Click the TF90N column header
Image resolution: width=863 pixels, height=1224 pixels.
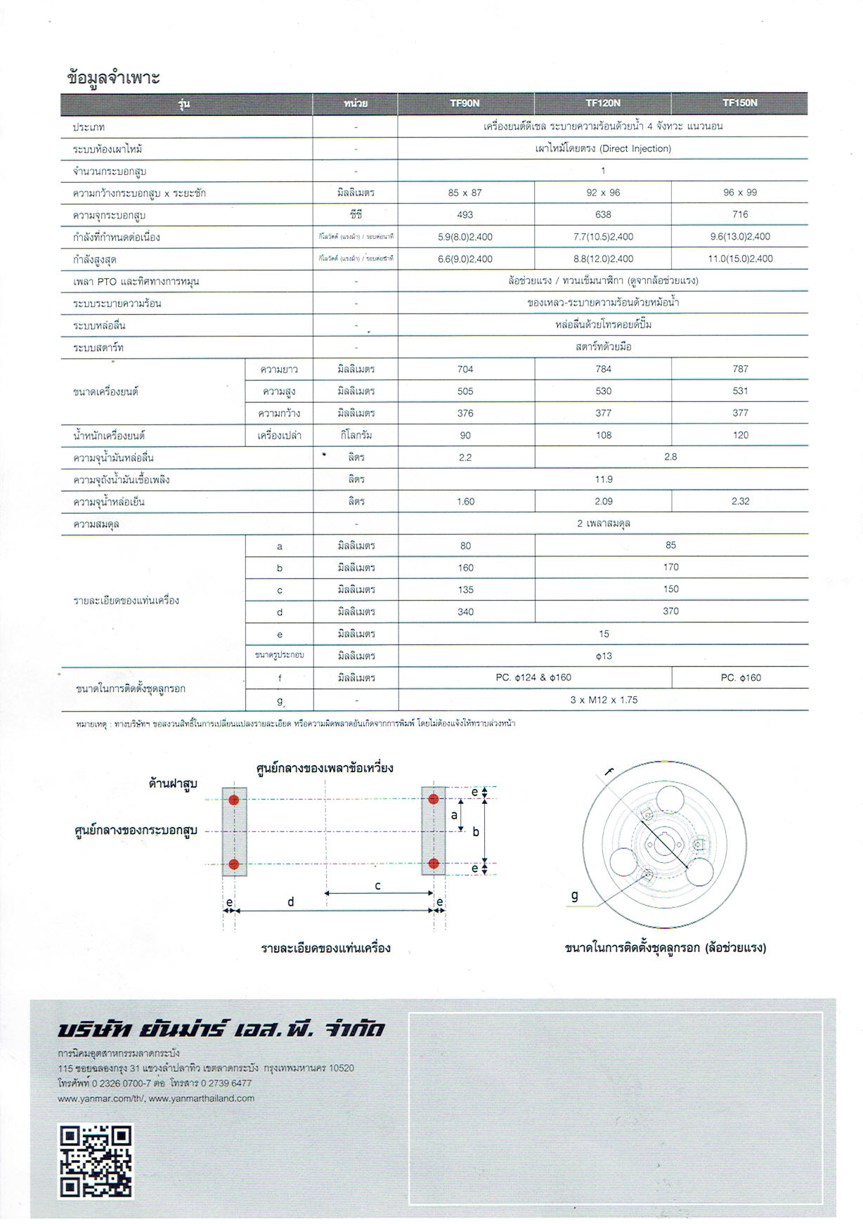pyautogui.click(x=465, y=103)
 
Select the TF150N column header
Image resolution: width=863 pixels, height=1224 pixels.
pyautogui.click(x=739, y=103)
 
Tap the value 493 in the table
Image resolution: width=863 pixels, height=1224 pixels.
pyautogui.click(x=465, y=214)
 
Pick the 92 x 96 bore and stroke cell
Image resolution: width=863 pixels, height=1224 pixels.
pyautogui.click(x=603, y=193)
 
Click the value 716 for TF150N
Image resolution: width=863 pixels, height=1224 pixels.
pyautogui.click(x=739, y=214)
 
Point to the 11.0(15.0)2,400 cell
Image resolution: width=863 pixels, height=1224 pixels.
pyautogui.click(x=739, y=259)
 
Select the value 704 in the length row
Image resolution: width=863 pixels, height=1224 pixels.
pyautogui.click(x=465, y=369)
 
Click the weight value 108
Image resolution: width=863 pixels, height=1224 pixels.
pyautogui.click(x=603, y=435)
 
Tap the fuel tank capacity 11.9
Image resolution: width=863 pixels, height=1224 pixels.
pyautogui.click(x=603, y=479)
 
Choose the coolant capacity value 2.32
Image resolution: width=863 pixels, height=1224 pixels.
pyautogui.click(x=739, y=501)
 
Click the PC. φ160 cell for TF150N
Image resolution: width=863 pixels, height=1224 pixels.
pyautogui.click(x=740, y=678)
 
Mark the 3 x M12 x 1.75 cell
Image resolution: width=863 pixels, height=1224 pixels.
pyautogui.click(x=603, y=700)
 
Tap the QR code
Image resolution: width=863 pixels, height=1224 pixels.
pyautogui.click(x=96, y=1161)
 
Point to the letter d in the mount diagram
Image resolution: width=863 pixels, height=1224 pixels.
pyautogui.click(x=290, y=902)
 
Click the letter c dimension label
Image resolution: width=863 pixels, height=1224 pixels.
pyautogui.click(x=377, y=886)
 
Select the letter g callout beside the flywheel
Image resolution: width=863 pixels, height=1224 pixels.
pyautogui.click(x=575, y=895)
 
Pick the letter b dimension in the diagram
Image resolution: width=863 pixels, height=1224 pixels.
pyautogui.click(x=476, y=832)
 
